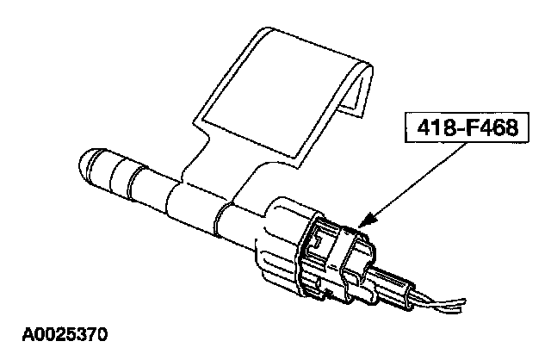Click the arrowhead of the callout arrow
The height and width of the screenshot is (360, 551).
coord(366,224)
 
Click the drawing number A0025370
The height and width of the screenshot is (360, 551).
coord(65,331)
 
